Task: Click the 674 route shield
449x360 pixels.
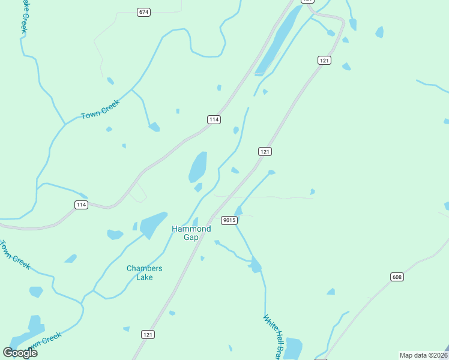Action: coord(143,13)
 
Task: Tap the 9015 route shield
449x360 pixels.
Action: coord(229,220)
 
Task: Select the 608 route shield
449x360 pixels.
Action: coord(396,277)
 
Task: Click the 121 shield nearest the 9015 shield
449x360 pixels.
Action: coord(265,151)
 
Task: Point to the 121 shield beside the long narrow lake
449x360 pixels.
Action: coord(324,61)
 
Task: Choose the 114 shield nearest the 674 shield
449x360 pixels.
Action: coord(214,120)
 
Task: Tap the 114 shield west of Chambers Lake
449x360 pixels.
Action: coord(82,205)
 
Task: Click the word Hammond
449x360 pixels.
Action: coord(191,229)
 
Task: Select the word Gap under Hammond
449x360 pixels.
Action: coord(191,238)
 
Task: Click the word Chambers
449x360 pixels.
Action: coord(145,269)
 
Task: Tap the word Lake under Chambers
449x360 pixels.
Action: coord(145,277)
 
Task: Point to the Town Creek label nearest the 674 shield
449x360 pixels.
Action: coord(101,109)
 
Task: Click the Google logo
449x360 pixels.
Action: coord(20,353)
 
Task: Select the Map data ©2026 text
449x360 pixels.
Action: coord(423,355)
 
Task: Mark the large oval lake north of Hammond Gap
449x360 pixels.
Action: coord(198,166)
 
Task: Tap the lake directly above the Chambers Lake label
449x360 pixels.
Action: coord(153,225)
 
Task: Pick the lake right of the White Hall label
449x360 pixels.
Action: coord(294,348)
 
